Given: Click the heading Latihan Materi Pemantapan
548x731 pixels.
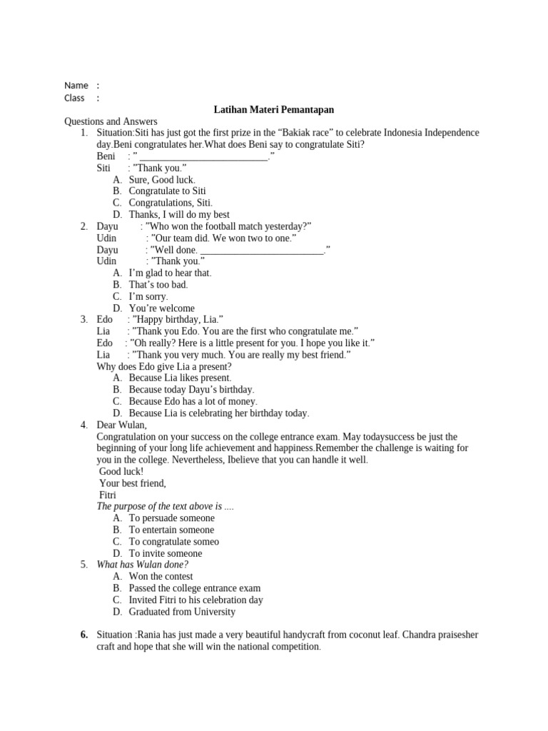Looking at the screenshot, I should point(274,110).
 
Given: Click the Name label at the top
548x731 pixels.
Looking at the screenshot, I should point(76,86).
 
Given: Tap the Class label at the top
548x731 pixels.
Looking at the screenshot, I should point(74,98).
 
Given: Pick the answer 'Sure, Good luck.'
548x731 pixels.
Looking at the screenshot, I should point(161,180).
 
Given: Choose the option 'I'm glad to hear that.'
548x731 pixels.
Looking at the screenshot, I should point(170,273).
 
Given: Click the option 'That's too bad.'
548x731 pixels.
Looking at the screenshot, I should point(158,284).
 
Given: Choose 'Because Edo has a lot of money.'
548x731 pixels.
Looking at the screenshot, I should point(193,401).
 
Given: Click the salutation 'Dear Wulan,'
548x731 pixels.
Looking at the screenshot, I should point(121,425).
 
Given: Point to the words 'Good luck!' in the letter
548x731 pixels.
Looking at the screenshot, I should point(121,471).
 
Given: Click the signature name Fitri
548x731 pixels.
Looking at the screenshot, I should point(108,495).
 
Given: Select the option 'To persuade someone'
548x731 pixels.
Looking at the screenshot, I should point(171,518).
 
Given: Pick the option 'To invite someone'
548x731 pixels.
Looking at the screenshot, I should point(165,553).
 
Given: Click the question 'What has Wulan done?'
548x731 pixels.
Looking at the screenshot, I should point(142,565).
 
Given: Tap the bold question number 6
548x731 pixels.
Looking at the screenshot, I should point(83,635).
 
